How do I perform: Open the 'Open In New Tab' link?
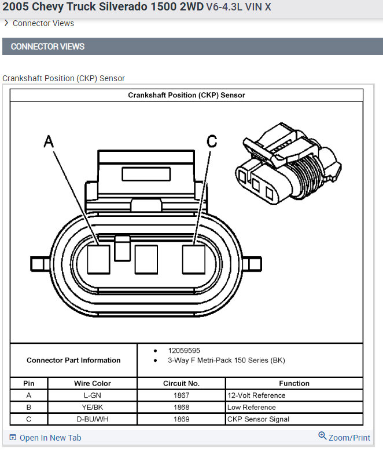click(x=46, y=438)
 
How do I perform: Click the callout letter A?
click(x=49, y=141)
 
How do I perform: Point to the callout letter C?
click(x=212, y=141)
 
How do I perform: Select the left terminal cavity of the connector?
click(x=98, y=259)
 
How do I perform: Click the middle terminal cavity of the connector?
click(x=146, y=259)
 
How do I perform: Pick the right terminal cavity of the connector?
click(x=194, y=259)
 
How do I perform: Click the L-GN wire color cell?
click(x=92, y=395)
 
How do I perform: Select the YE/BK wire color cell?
click(x=92, y=408)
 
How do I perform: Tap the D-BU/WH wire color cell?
click(x=92, y=419)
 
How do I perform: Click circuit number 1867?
click(x=181, y=395)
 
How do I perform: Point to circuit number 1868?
click(x=181, y=408)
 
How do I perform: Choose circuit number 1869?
click(x=181, y=419)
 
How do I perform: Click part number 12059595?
click(x=184, y=351)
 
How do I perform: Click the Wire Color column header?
click(x=92, y=383)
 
